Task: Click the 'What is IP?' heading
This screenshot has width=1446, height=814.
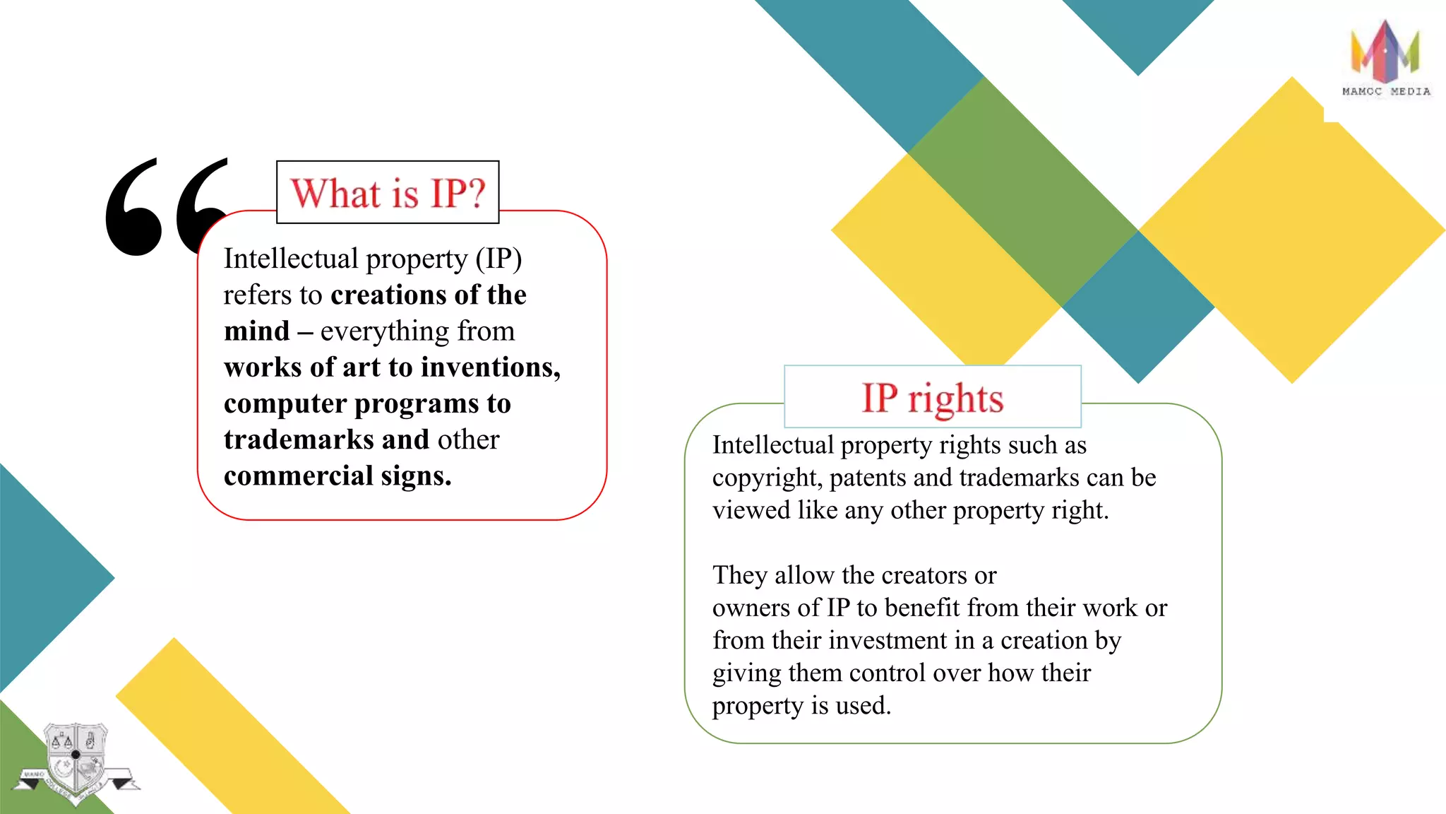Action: (388, 193)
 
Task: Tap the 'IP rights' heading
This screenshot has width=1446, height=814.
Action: (932, 398)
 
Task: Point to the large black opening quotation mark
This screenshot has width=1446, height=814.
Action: (166, 206)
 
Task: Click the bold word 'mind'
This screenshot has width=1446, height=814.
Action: (257, 331)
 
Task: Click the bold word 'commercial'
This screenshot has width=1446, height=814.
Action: (298, 476)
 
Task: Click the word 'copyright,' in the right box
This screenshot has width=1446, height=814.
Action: (767, 478)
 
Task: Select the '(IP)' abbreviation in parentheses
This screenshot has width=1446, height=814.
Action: (498, 259)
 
